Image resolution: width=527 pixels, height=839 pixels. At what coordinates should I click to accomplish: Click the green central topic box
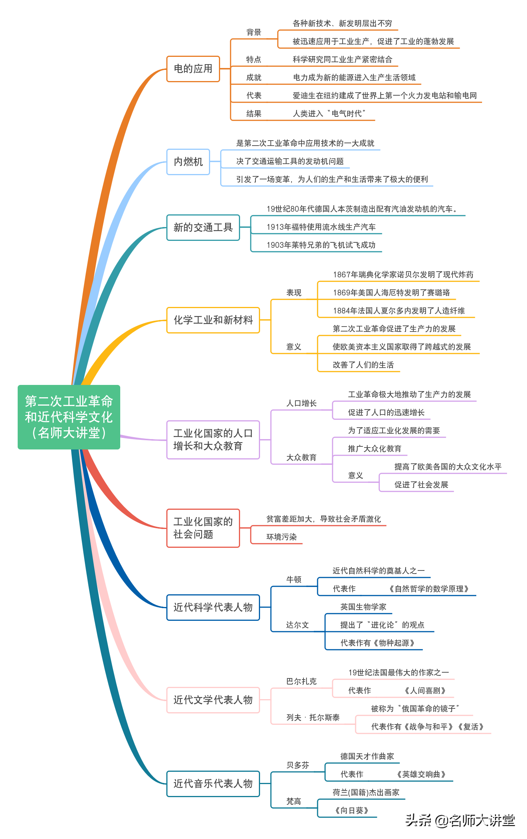coord(69,417)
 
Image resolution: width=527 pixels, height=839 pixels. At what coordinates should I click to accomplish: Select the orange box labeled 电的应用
coord(193,69)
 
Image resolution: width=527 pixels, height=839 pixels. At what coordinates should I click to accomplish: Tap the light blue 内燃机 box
coord(188,162)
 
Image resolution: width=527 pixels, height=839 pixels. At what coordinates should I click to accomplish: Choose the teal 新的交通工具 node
coord(203,227)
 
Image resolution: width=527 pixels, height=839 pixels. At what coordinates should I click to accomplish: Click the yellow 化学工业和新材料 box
coord(213,320)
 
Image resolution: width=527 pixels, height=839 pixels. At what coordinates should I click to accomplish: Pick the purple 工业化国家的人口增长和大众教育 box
coord(213,439)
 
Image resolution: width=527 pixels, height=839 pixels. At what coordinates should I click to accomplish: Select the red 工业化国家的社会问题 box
coord(203,528)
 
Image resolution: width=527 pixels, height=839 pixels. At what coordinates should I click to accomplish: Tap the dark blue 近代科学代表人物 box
coord(213,607)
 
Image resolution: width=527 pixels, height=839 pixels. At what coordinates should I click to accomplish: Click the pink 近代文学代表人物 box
coord(213,700)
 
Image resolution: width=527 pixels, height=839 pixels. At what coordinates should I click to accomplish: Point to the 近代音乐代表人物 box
coord(213,784)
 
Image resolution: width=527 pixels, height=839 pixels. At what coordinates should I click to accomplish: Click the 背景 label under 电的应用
coord(254,32)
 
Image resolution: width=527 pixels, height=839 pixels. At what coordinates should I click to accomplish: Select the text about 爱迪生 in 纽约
coord(384,96)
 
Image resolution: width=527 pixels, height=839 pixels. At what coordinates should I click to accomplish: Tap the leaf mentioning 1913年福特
coord(321,227)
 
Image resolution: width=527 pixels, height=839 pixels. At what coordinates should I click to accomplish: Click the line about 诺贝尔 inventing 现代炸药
coord(403,275)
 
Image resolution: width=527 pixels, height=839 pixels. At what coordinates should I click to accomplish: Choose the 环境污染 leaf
coord(282,537)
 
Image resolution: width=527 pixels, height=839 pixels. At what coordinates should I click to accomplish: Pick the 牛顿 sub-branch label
coord(294,580)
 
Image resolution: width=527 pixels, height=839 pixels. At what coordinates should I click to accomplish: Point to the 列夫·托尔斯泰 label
coord(313,718)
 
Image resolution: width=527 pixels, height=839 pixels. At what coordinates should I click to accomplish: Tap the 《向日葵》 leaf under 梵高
coord(351,811)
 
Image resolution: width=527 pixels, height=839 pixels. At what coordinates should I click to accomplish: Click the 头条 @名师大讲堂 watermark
coord(460,820)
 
